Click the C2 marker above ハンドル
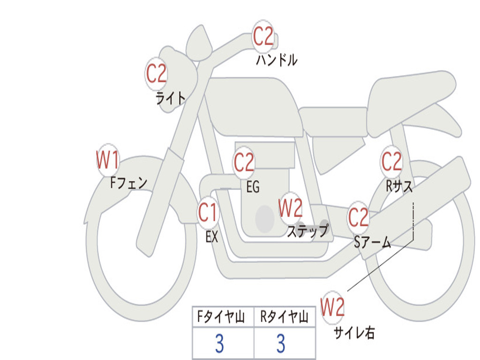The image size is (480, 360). [x=263, y=36]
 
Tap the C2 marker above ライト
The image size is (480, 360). [x=157, y=73]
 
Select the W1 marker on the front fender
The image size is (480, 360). [x=107, y=160]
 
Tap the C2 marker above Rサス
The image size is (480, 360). [x=391, y=162]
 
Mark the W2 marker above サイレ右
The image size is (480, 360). [x=332, y=307]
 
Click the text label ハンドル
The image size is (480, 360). [x=277, y=60]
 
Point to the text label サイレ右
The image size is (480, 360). [x=354, y=332]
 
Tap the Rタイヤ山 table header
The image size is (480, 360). [x=284, y=318]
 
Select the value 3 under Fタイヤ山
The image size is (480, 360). [x=219, y=344]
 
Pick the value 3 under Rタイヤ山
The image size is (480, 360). [x=280, y=344]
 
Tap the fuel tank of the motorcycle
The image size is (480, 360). [x=253, y=105]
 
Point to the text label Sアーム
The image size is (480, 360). [x=372, y=242]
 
